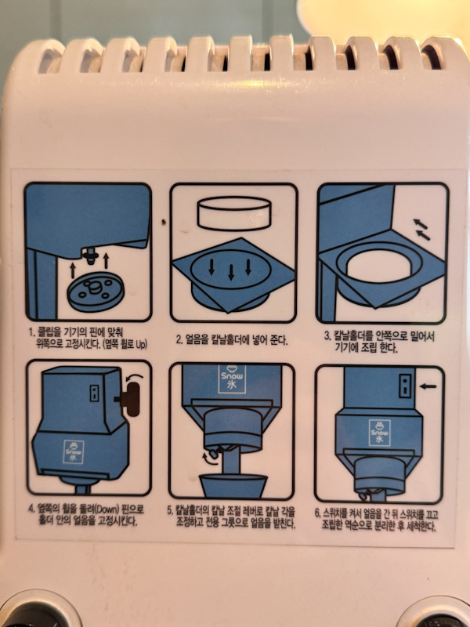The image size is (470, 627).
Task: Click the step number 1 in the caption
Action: click(x=31, y=332)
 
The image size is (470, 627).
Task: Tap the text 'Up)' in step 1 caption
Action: click(x=139, y=344)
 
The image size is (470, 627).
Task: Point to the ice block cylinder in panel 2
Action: click(x=234, y=213)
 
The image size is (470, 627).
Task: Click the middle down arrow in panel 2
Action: click(x=230, y=272)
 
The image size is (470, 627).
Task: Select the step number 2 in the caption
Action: click(x=179, y=341)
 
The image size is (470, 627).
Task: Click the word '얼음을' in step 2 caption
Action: click(x=197, y=341)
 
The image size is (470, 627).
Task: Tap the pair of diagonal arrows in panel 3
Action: click(x=421, y=230)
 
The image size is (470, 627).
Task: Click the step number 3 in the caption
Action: click(x=327, y=336)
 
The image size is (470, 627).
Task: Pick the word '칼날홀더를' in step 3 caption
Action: click(x=354, y=336)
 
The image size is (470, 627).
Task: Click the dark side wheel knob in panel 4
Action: click(x=131, y=399)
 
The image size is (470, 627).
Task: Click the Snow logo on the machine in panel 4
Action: click(x=74, y=452)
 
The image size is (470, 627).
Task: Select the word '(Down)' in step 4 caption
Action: click(x=94, y=509)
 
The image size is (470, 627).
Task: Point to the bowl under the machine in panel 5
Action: click(x=233, y=485)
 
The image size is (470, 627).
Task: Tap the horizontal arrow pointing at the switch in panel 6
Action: click(x=428, y=386)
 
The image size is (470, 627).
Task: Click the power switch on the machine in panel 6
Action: click(x=405, y=386)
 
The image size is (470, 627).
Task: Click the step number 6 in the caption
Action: click(x=317, y=514)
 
